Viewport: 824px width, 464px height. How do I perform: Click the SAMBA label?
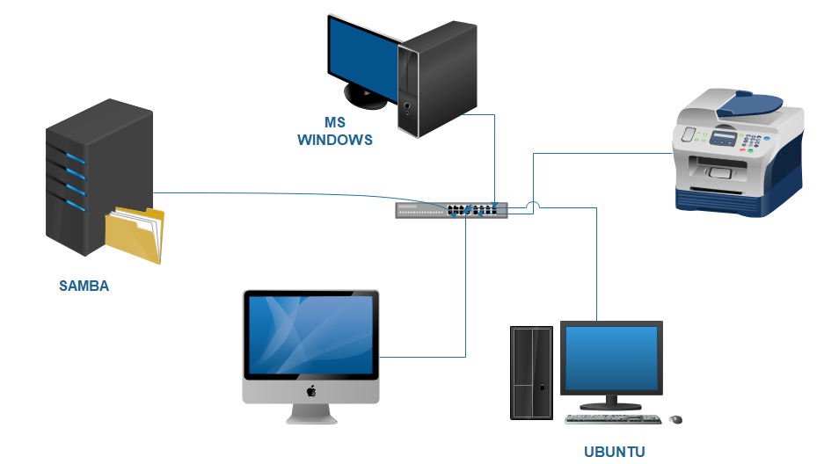coord(84,286)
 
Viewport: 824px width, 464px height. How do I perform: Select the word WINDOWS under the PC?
coord(335,140)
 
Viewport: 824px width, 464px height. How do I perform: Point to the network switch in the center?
coord(451,210)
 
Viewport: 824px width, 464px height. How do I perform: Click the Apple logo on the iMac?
coord(310,390)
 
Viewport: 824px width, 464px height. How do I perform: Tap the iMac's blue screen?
coord(310,335)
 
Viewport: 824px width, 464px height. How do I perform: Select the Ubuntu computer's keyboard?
coord(613,418)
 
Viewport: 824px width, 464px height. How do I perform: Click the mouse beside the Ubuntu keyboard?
coord(675,418)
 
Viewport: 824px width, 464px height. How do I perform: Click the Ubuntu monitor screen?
coord(610,359)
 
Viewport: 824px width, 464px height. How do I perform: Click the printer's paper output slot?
coord(717,167)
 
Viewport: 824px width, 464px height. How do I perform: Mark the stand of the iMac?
coord(310,413)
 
